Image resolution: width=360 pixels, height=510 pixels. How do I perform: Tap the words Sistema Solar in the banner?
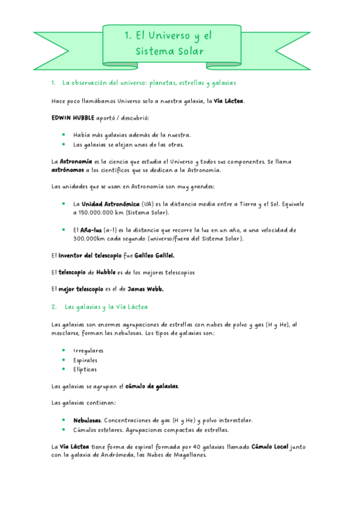click(x=170, y=51)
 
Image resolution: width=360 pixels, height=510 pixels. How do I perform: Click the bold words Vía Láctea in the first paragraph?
click(x=229, y=100)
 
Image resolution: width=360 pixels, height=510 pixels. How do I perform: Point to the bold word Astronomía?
click(x=76, y=161)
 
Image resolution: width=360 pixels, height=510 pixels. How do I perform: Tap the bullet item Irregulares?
click(x=88, y=350)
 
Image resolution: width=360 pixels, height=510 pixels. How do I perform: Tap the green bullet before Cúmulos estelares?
click(x=63, y=429)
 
